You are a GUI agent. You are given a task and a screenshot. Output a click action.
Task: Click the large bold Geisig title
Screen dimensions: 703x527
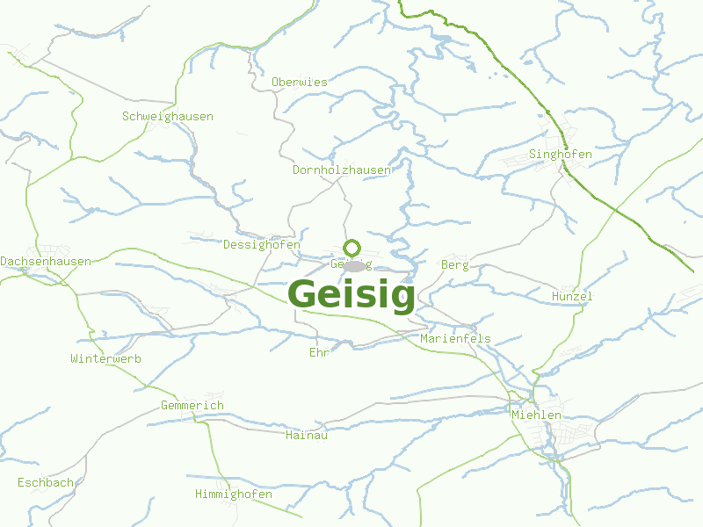[351, 295]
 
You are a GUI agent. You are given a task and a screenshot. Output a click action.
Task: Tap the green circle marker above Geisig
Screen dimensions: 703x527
[351, 248]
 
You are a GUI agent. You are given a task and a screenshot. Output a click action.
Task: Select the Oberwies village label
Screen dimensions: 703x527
[299, 82]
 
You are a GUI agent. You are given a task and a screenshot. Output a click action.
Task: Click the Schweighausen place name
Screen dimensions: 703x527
[167, 116]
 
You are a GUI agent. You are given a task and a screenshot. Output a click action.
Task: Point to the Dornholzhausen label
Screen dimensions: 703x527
[341, 170]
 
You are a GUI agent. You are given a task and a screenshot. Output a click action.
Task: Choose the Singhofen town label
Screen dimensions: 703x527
[561, 154]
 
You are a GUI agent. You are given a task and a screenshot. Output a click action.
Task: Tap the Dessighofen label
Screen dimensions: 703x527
[262, 244]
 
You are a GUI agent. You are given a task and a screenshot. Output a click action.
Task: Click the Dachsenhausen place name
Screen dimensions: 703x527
[46, 262]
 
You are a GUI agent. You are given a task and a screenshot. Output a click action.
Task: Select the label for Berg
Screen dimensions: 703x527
[455, 264]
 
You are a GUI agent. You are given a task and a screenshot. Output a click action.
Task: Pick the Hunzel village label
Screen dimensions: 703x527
[572, 296]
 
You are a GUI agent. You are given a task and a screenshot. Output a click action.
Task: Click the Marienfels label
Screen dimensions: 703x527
[455, 338]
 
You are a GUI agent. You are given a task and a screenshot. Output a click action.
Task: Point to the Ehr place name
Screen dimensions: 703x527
[318, 352]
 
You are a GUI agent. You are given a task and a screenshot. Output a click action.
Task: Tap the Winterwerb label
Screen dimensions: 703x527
[105, 358]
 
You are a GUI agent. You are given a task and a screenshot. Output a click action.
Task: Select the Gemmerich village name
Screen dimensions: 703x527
[192, 405]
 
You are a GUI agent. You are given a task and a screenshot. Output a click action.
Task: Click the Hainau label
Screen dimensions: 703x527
[307, 434]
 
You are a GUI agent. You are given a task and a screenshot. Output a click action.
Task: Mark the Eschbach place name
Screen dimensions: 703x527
[46, 482]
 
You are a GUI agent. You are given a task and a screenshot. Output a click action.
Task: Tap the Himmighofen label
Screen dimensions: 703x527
[234, 494]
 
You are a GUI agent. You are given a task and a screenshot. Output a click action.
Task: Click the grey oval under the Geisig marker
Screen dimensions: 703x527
[355, 266]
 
